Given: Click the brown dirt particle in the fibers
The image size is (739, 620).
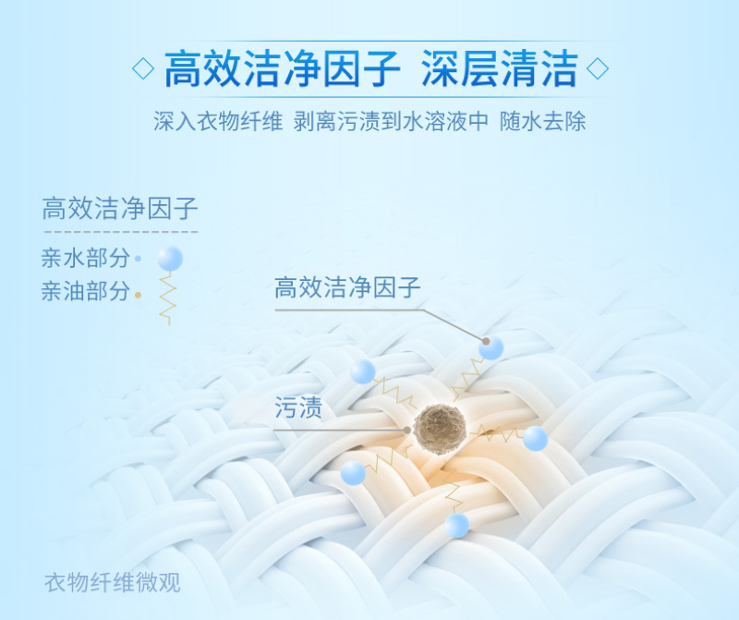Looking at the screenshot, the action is point(440,429).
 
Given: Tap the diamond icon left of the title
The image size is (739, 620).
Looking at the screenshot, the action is point(143,68).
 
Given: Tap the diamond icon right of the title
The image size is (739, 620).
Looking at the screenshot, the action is point(597,68).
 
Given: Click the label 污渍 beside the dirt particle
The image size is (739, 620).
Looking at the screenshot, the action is point(298,407).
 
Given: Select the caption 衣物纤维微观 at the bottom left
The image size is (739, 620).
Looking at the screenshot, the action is point(112,582).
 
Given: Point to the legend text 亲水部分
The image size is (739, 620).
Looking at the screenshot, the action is point(85,258).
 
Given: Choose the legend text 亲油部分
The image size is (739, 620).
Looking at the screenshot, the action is point(85,291).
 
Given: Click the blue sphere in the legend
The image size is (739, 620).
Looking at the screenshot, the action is point(170,258).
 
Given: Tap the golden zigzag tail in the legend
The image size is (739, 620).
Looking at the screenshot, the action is point(167,298).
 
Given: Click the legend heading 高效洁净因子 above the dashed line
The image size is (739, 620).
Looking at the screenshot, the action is point(120,209).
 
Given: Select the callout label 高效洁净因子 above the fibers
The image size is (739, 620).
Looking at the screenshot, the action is point(347,287).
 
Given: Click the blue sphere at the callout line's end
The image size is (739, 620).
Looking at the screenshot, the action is point(491,348).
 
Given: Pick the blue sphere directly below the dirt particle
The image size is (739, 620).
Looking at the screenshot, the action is point(456,525).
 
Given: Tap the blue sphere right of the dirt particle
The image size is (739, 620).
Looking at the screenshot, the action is point(536,438).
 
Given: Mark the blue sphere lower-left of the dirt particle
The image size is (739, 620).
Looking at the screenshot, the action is point(353,473).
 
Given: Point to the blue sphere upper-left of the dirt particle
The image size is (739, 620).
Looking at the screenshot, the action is point(363,371).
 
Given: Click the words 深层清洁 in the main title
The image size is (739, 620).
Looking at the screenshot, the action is point(500,68).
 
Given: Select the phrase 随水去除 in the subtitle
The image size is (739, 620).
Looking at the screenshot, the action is point(543,121).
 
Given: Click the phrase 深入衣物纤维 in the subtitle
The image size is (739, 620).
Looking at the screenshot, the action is point(218,121).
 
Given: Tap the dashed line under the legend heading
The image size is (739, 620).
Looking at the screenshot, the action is point(121,232).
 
